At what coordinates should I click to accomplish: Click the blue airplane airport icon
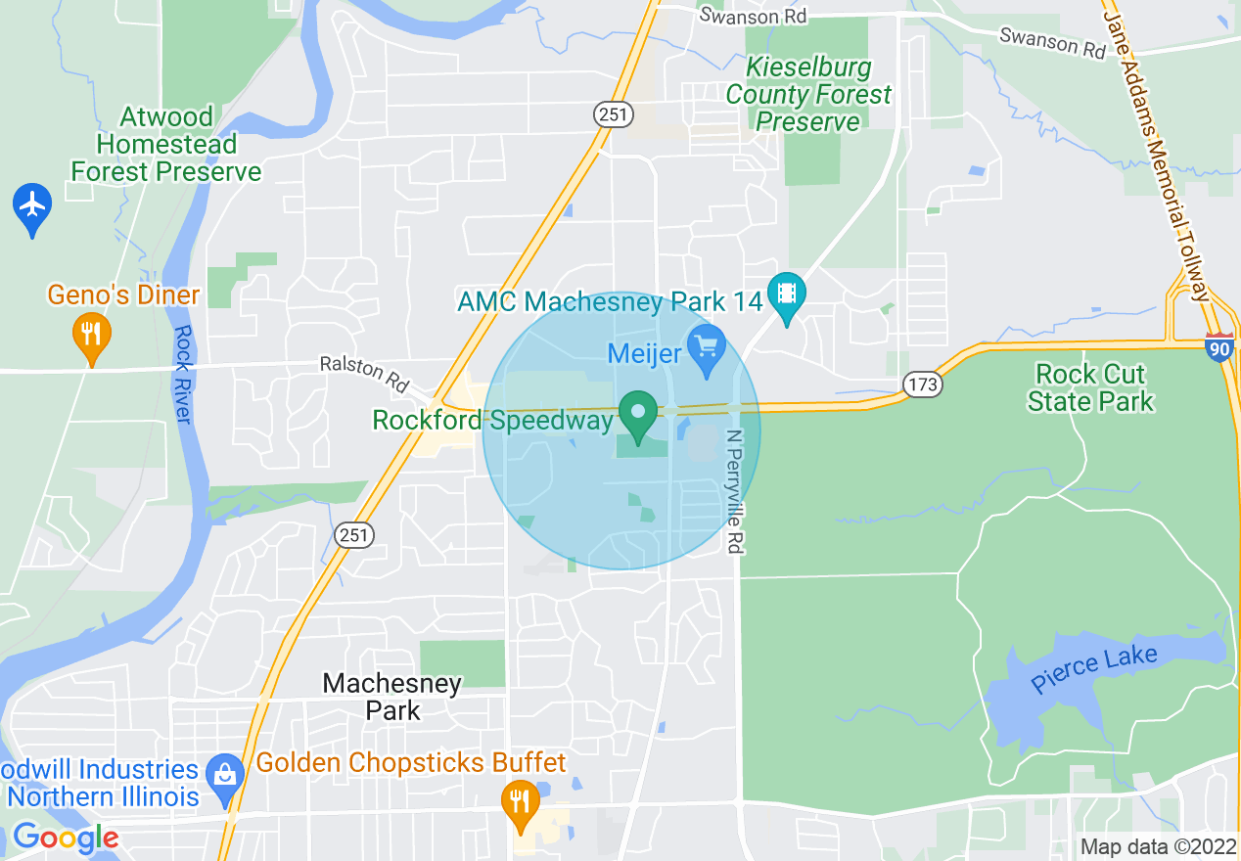pos(33,206)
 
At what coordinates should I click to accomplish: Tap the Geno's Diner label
pos(124,295)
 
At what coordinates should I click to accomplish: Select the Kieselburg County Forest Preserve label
pos(808,95)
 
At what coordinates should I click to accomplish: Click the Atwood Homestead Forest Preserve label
pos(166,145)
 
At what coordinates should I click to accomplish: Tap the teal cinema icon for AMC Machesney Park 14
pos(786,293)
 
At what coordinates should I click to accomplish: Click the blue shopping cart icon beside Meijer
pos(705,345)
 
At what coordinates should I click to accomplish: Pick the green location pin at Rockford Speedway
pos(639,414)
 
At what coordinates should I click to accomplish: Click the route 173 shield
pos(922,385)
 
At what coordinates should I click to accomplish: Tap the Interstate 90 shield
pos(1219,347)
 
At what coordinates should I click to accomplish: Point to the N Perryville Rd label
pos(735,491)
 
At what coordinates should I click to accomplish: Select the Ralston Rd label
pos(365,374)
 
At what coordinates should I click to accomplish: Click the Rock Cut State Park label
pos(1090,387)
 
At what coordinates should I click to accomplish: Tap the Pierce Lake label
pos(1093,670)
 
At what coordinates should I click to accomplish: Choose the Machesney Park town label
pos(392,697)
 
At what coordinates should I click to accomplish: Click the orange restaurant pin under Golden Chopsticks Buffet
pos(520,801)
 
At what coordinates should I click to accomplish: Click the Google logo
pos(66,838)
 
